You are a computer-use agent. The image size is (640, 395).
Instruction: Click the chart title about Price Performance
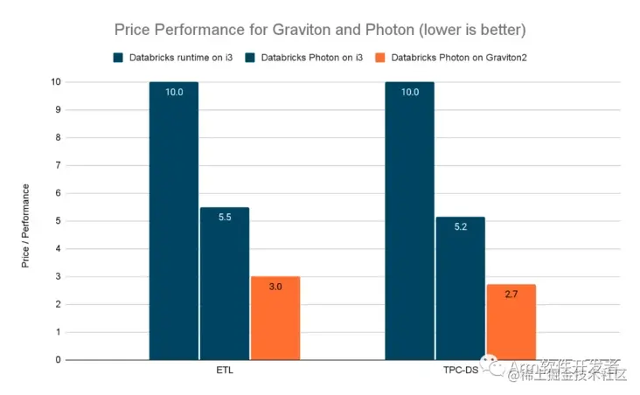320,29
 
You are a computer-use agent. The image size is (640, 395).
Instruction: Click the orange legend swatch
379,58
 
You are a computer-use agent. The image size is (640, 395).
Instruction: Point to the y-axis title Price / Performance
26,225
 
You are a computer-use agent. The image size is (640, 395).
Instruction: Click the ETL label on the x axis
225,370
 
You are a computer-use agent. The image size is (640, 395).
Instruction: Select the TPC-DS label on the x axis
460,370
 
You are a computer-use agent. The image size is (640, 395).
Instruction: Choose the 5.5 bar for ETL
225,283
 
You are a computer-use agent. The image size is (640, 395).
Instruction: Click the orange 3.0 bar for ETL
275,318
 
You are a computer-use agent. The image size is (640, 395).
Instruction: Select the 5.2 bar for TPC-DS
460,288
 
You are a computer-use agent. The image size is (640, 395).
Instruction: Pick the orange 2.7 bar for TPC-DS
511,322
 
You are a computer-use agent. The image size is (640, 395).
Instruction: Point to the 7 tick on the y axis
58,165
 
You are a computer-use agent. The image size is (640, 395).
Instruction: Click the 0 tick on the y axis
58,359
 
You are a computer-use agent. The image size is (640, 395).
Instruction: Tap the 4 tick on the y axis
58,248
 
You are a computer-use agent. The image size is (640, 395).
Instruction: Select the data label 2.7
511,295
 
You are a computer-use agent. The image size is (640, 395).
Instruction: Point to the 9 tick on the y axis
58,109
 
